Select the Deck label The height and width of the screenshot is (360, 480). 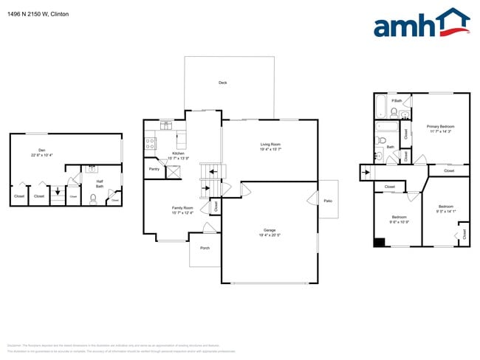point(222,83)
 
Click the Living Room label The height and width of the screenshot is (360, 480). point(270,145)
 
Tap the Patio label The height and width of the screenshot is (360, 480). point(328,198)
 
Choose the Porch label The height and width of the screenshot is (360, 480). point(205,248)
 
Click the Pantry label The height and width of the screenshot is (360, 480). point(154,169)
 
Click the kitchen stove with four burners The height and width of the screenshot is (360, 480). point(151,142)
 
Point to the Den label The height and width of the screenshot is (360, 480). point(42,150)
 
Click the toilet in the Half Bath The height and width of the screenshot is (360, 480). point(93,198)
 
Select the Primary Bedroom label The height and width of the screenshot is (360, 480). point(441,127)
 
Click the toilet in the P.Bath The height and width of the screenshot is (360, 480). point(394,113)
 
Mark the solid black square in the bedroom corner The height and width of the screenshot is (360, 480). point(379,242)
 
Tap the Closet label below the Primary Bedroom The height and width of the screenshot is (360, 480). point(449,170)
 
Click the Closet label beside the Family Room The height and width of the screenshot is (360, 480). point(216,207)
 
